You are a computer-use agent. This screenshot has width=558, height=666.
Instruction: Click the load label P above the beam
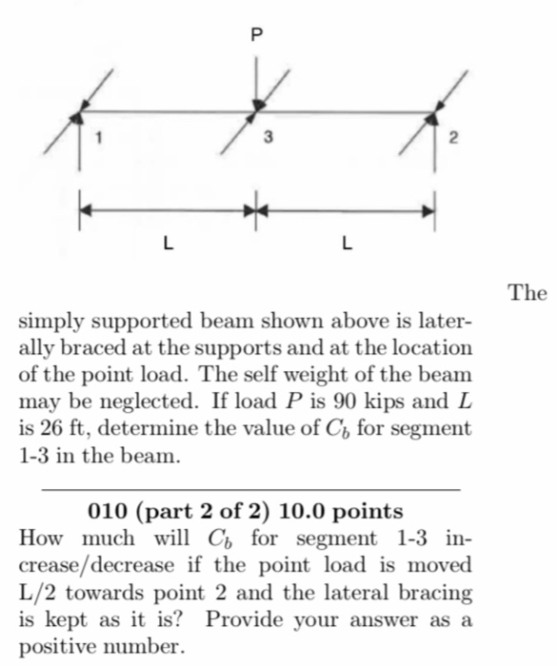[x=254, y=35]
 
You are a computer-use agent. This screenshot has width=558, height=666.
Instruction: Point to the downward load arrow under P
[x=255, y=81]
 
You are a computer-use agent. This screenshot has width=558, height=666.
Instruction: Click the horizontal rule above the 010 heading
[x=251, y=488]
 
